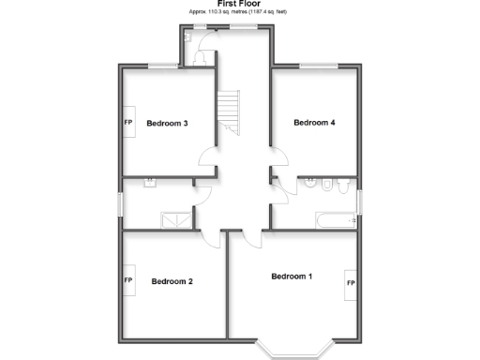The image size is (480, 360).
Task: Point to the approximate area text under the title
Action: pos(238,11)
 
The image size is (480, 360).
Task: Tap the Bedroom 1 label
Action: pos(292,277)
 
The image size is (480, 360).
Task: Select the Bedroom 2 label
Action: pos(172,281)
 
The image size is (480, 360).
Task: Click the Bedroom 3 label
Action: pos(168,123)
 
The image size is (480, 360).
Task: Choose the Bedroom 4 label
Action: pos(314,122)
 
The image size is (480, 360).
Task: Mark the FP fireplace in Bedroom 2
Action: pos(127,280)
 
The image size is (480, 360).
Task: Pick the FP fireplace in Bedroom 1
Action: pos(350,282)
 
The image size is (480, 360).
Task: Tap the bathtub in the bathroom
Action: pos(335,220)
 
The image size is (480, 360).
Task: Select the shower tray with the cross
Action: pos(175,220)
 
